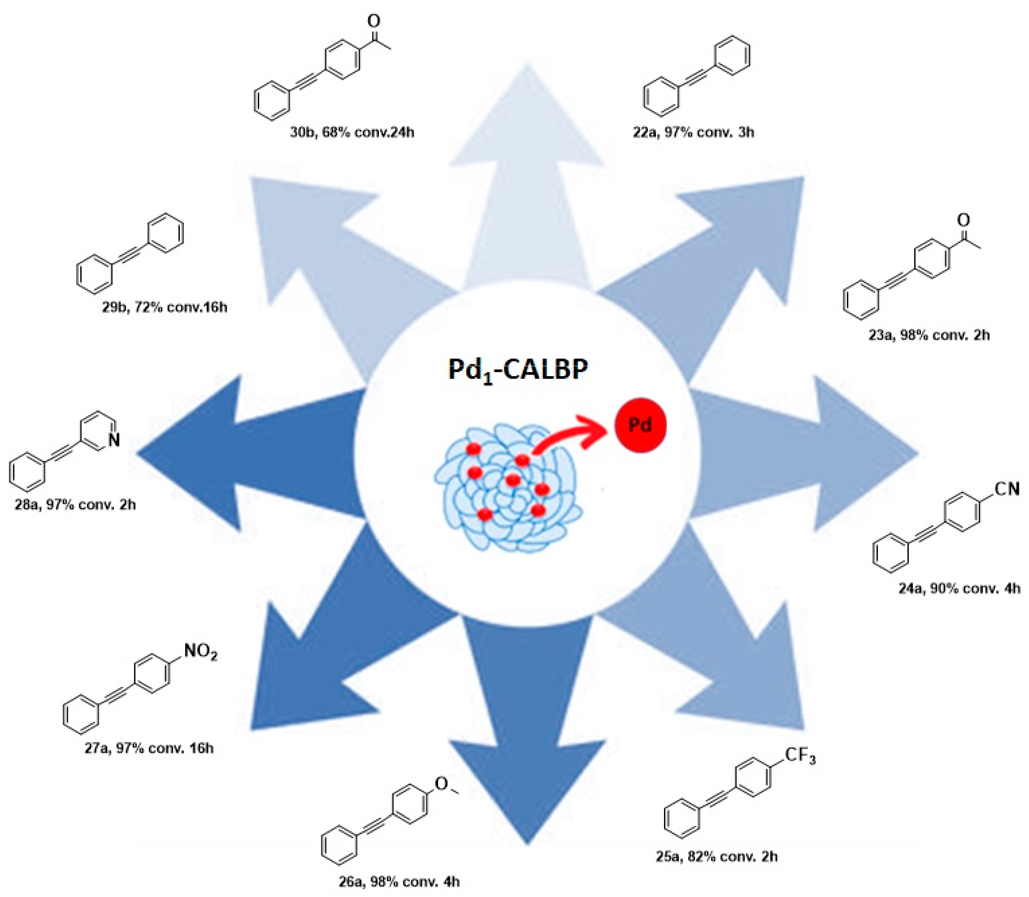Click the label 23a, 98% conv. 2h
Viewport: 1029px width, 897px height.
pos(929,335)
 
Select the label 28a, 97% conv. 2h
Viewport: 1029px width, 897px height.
pos(75,504)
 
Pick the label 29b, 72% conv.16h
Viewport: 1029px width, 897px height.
pos(165,307)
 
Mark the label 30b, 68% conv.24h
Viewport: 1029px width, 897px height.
pos(352,133)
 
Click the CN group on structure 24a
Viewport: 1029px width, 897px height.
pos(1007,489)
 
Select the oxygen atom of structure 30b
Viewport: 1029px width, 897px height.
pos(373,21)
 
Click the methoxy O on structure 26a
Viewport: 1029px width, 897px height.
pos(441,783)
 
